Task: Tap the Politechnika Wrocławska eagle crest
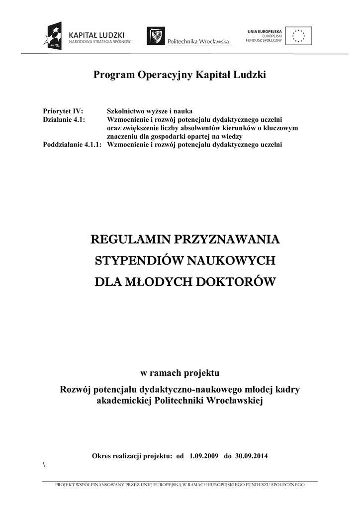[156, 36]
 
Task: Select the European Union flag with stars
[299, 35]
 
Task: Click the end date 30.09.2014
[252, 456]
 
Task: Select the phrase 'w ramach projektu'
[180, 372]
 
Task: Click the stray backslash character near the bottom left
[44, 464]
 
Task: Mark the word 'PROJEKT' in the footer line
[66, 484]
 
